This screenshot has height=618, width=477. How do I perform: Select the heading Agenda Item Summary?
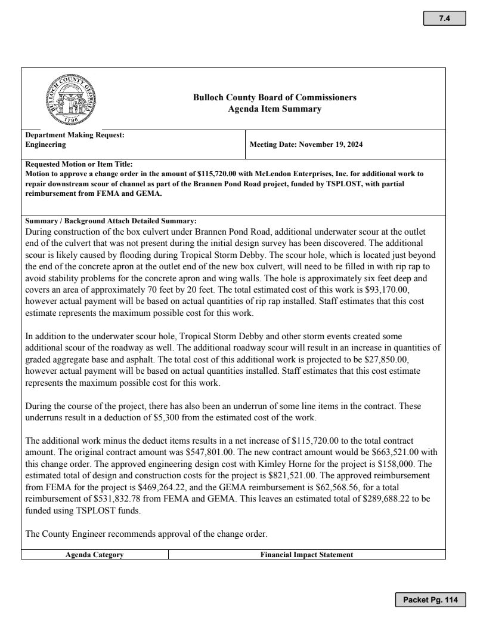tap(275, 109)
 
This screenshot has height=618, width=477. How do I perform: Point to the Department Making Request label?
tap(75, 135)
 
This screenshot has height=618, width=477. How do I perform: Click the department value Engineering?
tap(46, 144)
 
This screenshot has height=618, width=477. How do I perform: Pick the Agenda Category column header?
tap(94, 555)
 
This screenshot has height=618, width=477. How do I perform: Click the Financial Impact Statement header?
tap(306, 555)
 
